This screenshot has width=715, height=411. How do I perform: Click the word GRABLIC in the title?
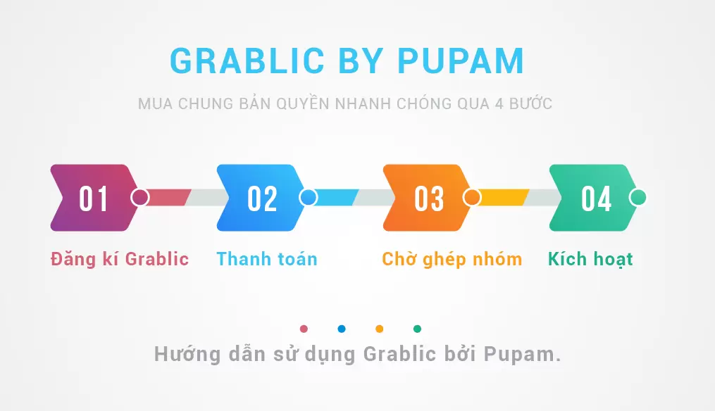pyautogui.click(x=247, y=61)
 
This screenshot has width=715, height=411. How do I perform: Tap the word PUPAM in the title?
pyautogui.click(x=461, y=61)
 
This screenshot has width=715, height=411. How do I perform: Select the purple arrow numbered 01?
pyautogui.click(x=94, y=198)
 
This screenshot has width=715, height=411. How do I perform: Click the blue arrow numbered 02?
pyautogui.click(x=261, y=198)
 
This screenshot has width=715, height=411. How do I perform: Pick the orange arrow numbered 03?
pyautogui.click(x=427, y=198)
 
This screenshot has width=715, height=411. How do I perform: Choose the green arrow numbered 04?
pyautogui.click(x=593, y=198)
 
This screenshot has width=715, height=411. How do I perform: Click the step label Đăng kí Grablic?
pyautogui.click(x=120, y=259)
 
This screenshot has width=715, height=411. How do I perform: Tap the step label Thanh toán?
pyautogui.click(x=267, y=259)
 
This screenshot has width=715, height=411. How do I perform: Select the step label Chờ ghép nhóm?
pyautogui.click(x=452, y=259)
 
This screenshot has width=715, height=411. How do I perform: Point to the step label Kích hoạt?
pyautogui.click(x=590, y=259)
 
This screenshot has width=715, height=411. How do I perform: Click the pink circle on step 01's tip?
pyautogui.click(x=140, y=198)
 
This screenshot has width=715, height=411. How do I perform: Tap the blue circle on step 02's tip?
pyautogui.click(x=309, y=198)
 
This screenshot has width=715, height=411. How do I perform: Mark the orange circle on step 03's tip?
pyautogui.click(x=472, y=198)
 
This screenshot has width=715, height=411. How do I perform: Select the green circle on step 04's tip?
pyautogui.click(x=638, y=198)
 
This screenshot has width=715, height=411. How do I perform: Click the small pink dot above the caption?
pyautogui.click(x=304, y=329)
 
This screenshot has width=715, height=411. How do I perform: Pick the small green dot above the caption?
pyautogui.click(x=417, y=329)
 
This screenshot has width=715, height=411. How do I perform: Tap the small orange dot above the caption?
pyautogui.click(x=380, y=329)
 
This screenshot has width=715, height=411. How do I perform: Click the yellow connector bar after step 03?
pyautogui.click(x=503, y=198)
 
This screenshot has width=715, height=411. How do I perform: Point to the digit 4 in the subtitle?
pyautogui.click(x=499, y=104)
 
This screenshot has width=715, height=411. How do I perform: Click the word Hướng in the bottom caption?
pyautogui.click(x=187, y=354)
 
